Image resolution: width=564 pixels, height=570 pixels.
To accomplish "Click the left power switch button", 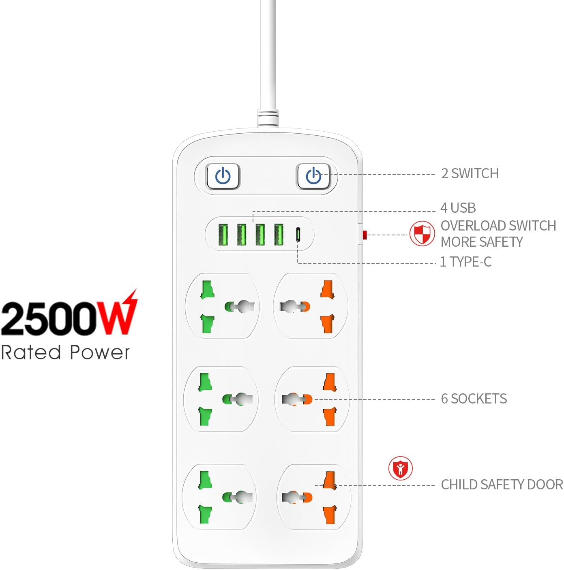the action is click(223, 176).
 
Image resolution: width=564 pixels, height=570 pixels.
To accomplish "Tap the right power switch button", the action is click(313, 176).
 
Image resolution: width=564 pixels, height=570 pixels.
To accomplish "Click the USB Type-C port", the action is click(298, 235).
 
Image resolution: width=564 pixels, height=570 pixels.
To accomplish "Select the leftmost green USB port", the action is click(223, 235).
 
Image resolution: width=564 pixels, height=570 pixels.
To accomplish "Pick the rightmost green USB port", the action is click(279, 235).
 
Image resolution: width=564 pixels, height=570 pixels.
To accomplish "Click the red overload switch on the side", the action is click(364, 235).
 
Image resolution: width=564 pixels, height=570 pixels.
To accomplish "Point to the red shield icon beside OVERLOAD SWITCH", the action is click(422, 234).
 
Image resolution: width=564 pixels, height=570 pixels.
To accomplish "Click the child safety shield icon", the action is click(401, 468).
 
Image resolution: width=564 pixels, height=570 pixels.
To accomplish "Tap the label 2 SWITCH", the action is click(470, 173).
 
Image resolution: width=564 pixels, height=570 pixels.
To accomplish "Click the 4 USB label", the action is click(458, 208).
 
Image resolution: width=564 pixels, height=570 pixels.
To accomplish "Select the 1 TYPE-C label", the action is click(466, 262).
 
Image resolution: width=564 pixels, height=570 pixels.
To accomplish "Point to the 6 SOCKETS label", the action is click(474, 399).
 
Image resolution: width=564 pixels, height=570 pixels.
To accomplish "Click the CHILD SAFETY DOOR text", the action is click(502, 485).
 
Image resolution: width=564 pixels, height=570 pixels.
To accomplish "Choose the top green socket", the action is click(223, 306).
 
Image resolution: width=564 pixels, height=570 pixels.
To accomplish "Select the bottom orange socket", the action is click(314, 497).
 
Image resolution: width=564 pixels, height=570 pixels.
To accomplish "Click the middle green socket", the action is click(221, 399).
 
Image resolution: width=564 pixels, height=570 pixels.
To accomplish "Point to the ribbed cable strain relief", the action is click(268, 118).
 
